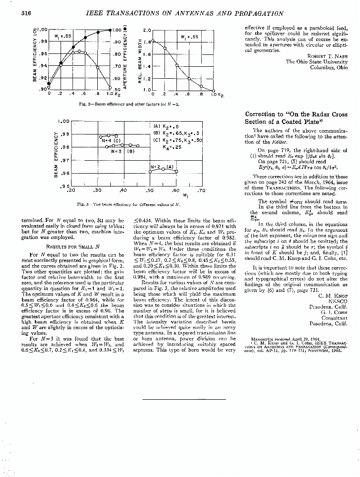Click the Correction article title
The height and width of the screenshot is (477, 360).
point(287,118)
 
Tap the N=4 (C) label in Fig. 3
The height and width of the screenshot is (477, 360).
point(110,141)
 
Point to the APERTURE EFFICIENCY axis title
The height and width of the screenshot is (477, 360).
point(125,57)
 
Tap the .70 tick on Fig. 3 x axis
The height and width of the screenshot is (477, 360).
point(201,190)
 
